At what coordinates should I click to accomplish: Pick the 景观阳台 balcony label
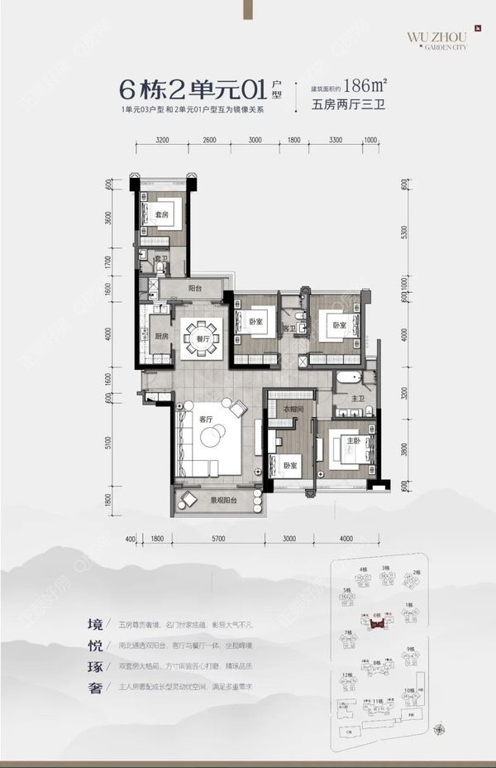(224, 500)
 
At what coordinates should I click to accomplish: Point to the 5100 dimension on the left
(107, 444)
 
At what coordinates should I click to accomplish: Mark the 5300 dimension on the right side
(403, 234)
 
